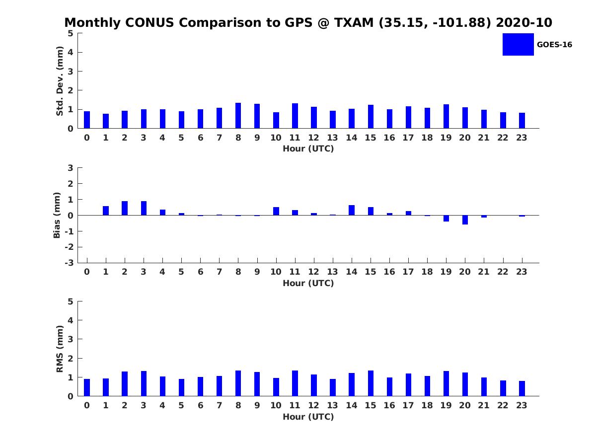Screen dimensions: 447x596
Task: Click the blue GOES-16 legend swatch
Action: click(518, 44)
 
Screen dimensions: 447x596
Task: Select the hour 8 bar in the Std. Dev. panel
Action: click(238, 116)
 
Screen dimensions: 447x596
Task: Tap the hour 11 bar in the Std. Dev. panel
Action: click(295, 116)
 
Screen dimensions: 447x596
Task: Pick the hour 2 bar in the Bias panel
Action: click(125, 208)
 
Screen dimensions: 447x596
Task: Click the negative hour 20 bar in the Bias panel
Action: click(465, 220)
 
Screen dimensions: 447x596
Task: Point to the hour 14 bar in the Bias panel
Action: click(352, 210)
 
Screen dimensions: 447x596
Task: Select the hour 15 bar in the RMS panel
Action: click(371, 383)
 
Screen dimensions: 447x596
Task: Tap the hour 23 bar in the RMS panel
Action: click(522, 388)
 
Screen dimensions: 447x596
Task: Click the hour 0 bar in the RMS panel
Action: click(87, 387)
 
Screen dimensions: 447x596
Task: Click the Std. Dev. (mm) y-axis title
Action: click(60, 81)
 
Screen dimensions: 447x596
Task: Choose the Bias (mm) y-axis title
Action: click(57, 215)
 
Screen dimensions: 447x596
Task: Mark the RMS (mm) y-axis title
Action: click(60, 349)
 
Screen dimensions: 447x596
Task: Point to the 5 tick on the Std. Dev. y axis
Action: click(71, 33)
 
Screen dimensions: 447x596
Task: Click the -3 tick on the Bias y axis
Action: click(69, 263)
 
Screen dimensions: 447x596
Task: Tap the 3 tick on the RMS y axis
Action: click(71, 339)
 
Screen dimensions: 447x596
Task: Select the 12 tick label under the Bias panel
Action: click(313, 272)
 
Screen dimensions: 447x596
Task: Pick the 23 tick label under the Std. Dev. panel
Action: click(521, 138)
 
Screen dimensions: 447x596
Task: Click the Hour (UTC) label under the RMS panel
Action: click(308, 417)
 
